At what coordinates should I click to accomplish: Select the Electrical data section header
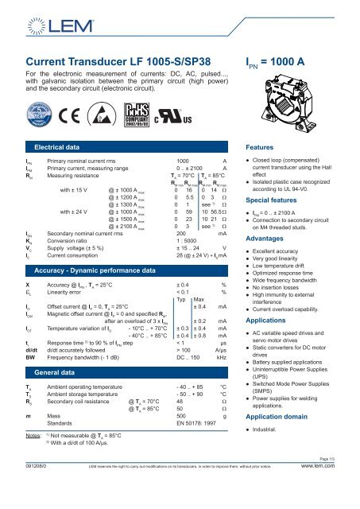68,148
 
